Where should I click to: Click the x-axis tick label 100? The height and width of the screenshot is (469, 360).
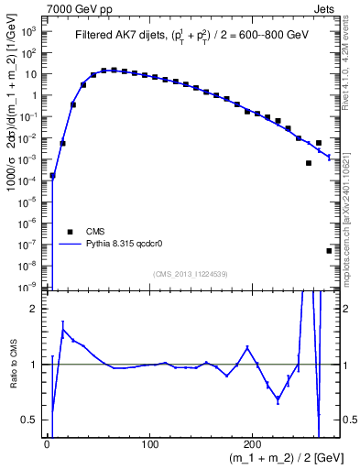point(150,444)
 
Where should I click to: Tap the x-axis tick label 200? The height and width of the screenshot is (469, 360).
point(254,444)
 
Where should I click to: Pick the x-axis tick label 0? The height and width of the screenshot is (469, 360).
point(47,444)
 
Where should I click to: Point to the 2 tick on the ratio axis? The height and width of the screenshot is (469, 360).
point(35,309)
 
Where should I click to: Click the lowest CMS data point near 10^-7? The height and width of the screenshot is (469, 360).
point(329,250)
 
